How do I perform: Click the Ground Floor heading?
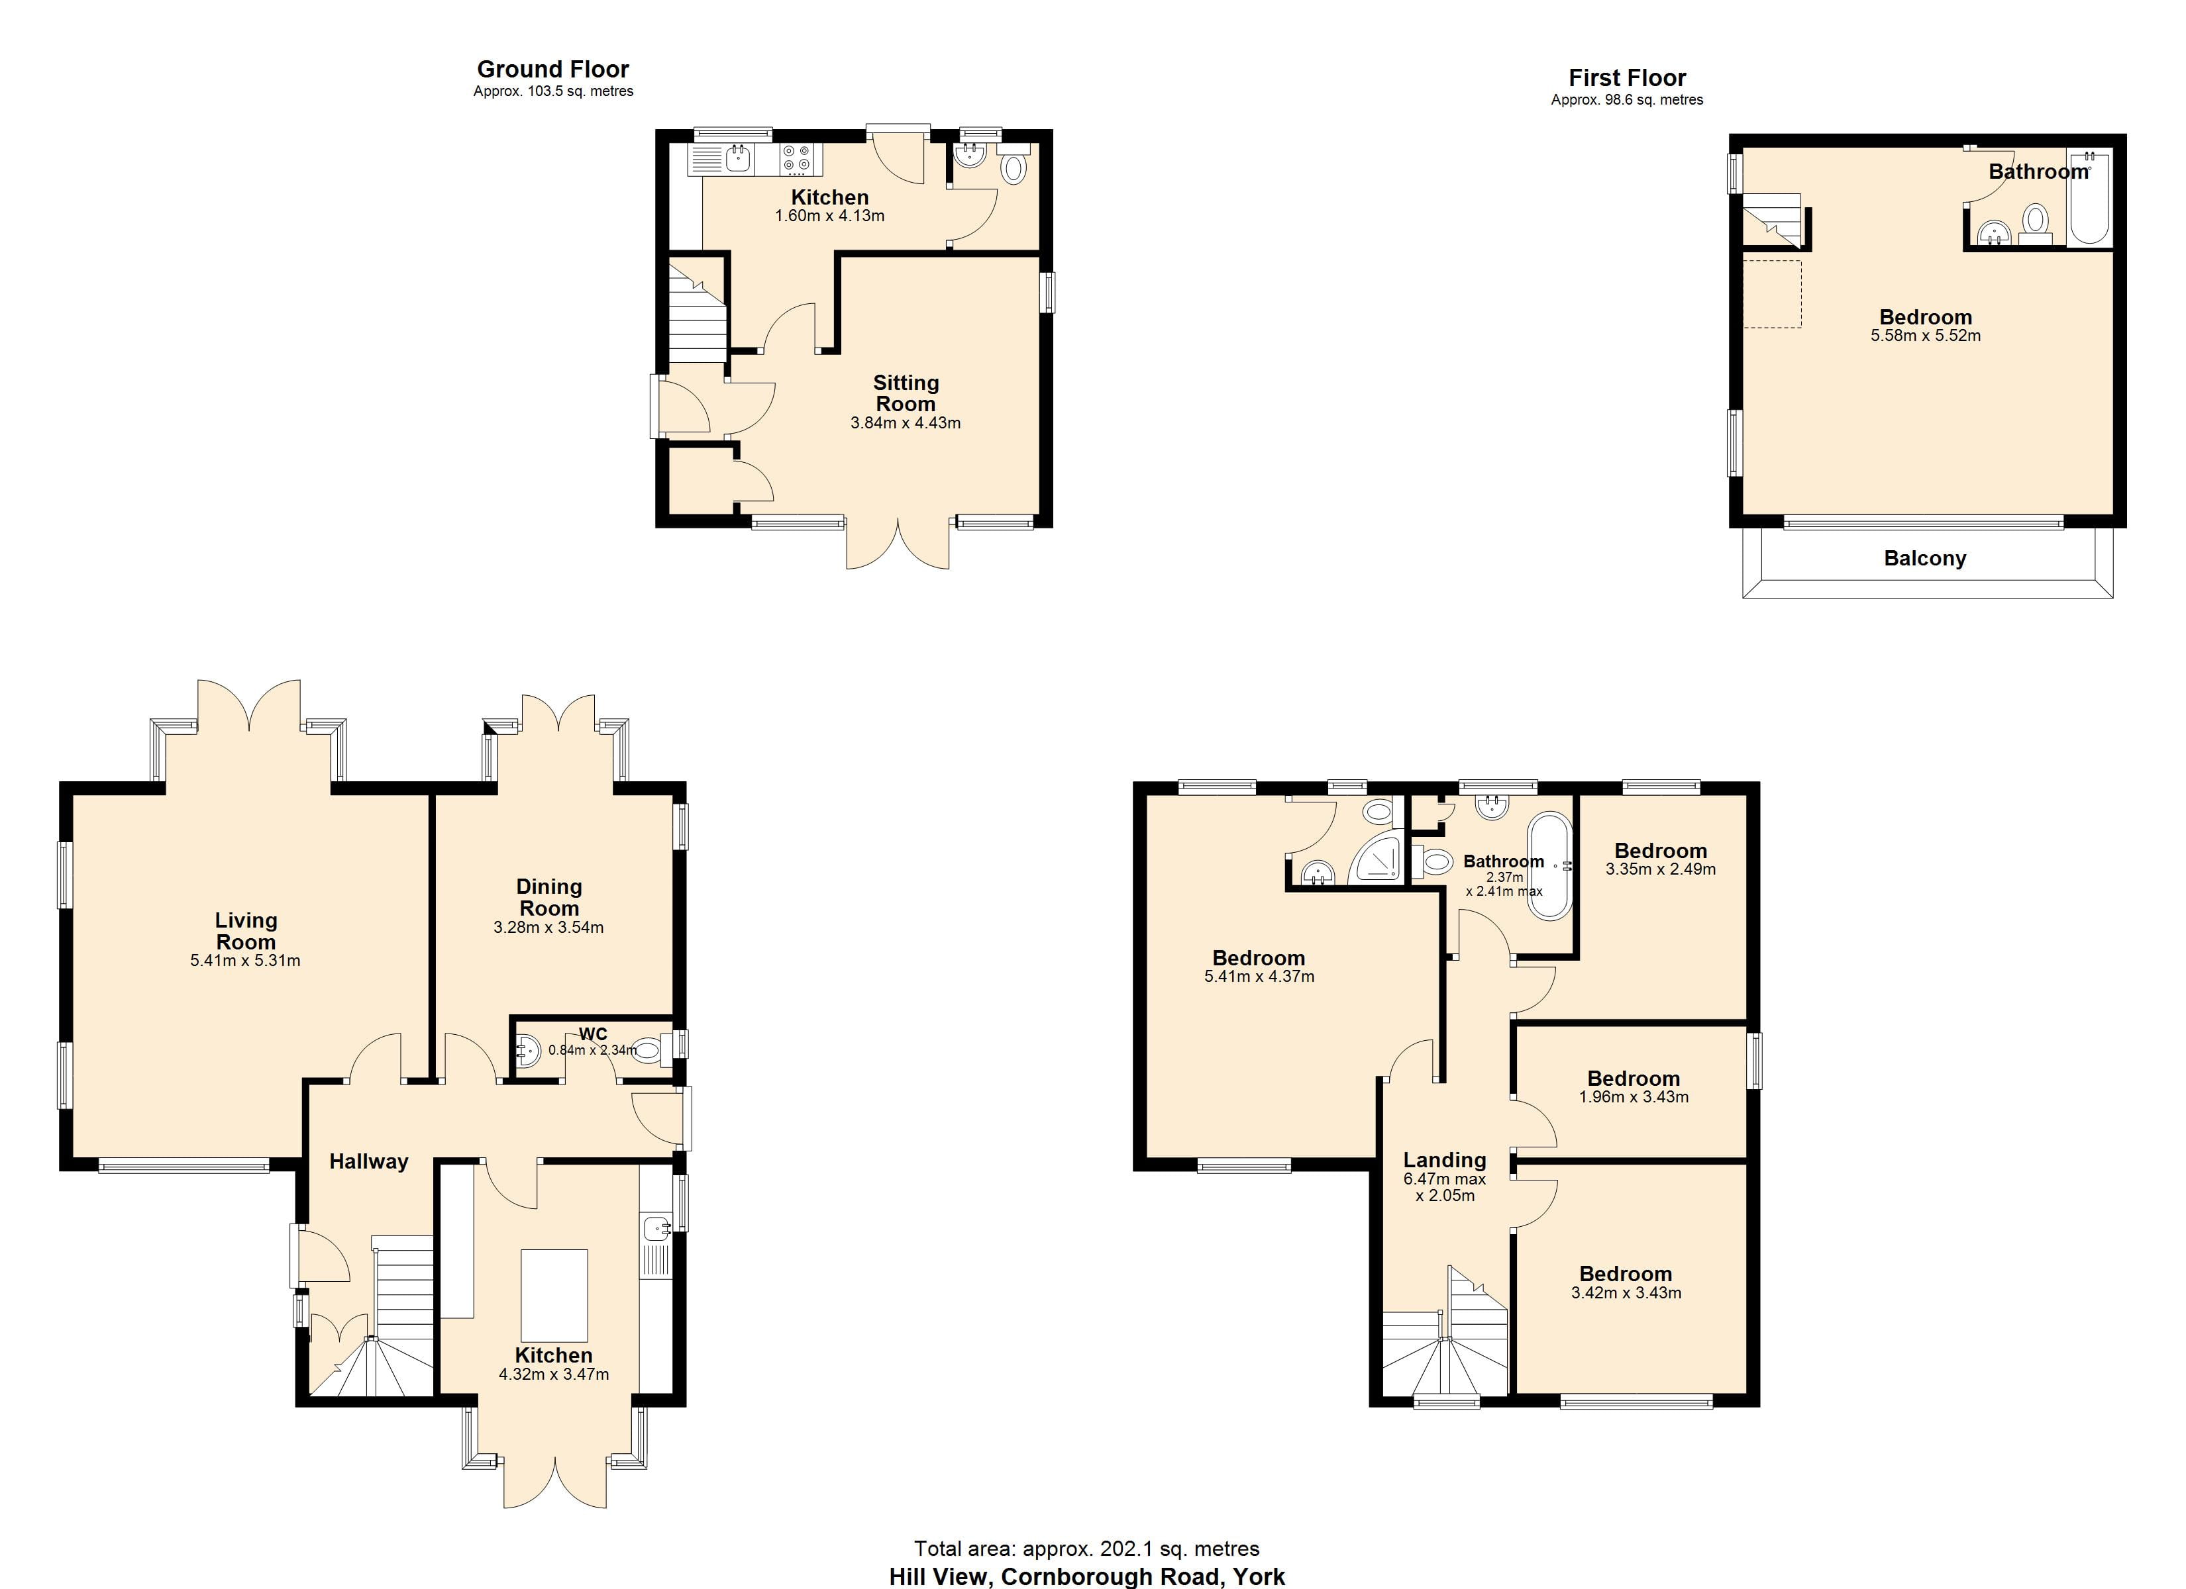click(552, 70)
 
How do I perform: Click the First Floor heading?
click(1627, 78)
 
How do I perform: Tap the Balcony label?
click(1925, 559)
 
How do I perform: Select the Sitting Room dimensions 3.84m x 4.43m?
click(905, 423)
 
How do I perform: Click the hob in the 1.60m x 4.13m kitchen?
click(797, 159)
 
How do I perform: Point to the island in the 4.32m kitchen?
click(554, 1295)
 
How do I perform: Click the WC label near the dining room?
click(593, 1034)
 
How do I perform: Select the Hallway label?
click(369, 1162)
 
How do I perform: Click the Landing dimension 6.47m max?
click(1444, 1179)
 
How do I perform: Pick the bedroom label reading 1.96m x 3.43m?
click(1633, 1096)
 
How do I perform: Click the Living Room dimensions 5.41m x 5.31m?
click(246, 961)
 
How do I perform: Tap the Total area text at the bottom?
click(1086, 1549)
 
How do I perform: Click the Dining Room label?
click(548, 897)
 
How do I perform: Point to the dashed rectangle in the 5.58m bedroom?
click(1771, 294)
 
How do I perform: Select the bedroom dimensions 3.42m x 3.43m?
click(1626, 1293)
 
